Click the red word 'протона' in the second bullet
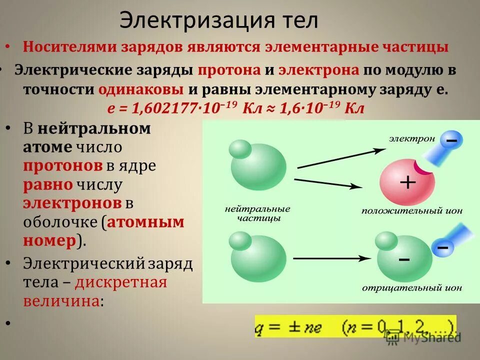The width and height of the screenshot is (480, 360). (x=228, y=70)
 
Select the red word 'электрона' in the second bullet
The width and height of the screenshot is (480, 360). (x=318, y=70)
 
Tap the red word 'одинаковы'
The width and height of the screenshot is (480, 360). (x=141, y=90)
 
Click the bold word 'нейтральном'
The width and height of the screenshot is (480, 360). (x=94, y=128)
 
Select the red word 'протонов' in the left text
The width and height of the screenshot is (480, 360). (x=62, y=166)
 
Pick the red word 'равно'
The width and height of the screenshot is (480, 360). (x=48, y=185)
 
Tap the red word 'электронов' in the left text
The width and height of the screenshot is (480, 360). (x=72, y=203)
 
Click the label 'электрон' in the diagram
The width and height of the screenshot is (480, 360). (x=412, y=138)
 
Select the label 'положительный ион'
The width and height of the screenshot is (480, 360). (x=411, y=211)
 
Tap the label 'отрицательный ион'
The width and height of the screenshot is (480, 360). (x=411, y=288)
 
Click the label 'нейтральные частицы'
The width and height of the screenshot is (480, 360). (x=257, y=213)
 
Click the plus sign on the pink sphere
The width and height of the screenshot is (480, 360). (x=408, y=182)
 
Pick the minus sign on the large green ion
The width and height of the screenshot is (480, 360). (x=404, y=259)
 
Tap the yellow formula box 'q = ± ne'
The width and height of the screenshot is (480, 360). (x=355, y=326)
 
